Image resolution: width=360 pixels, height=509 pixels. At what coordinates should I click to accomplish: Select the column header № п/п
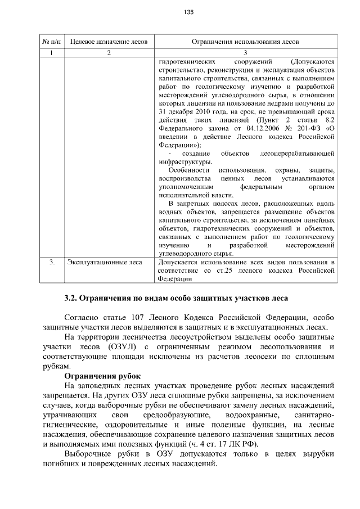click(52, 42)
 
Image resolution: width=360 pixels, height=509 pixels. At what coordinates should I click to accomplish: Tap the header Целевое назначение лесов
click(109, 42)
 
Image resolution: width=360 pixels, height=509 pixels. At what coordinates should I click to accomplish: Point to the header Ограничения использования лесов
click(245, 42)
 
